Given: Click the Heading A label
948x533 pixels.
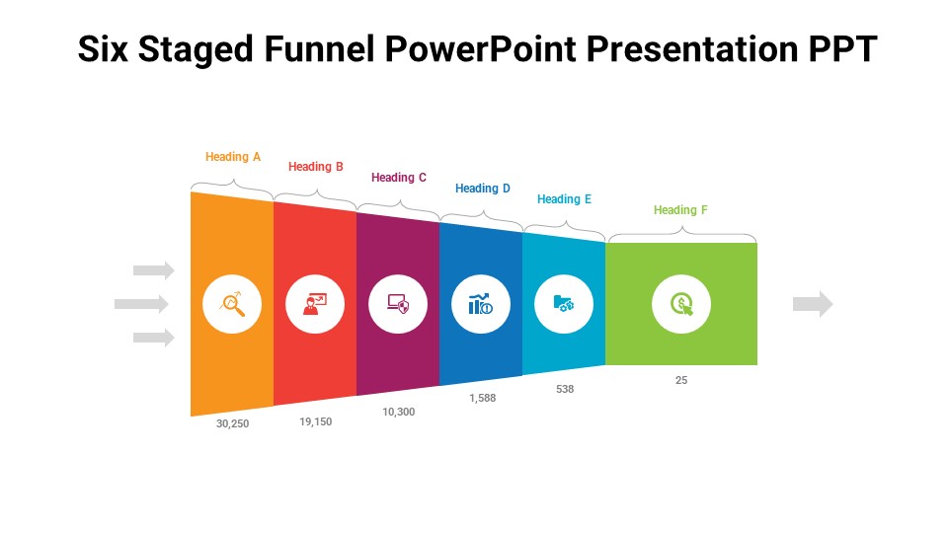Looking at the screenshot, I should click(233, 157).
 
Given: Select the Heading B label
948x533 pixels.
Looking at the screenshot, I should click(316, 167).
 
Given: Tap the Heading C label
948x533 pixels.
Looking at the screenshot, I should click(399, 178).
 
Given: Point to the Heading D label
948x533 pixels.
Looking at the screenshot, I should click(483, 189).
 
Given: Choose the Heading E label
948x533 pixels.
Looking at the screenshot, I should click(565, 199).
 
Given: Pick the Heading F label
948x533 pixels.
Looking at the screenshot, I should click(680, 210).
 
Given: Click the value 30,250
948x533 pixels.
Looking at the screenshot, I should click(233, 423).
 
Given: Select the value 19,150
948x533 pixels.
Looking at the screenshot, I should click(316, 421).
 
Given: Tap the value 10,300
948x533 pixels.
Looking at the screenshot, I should click(399, 412).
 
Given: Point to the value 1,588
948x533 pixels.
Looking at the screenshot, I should click(482, 398).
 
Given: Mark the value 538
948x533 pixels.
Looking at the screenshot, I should click(565, 389).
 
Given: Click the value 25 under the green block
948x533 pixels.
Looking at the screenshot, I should click(681, 380).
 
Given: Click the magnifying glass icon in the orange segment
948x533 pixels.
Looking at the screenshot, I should click(232, 304).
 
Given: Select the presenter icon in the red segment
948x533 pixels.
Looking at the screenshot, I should click(315, 304).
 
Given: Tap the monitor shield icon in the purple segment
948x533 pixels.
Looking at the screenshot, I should click(398, 304).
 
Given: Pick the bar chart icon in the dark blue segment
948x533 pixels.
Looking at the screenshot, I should click(481, 304).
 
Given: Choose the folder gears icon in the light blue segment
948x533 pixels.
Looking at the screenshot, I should click(564, 304).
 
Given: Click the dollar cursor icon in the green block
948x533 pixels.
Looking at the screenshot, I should click(681, 304).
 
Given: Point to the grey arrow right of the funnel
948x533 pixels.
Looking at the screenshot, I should click(813, 304).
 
